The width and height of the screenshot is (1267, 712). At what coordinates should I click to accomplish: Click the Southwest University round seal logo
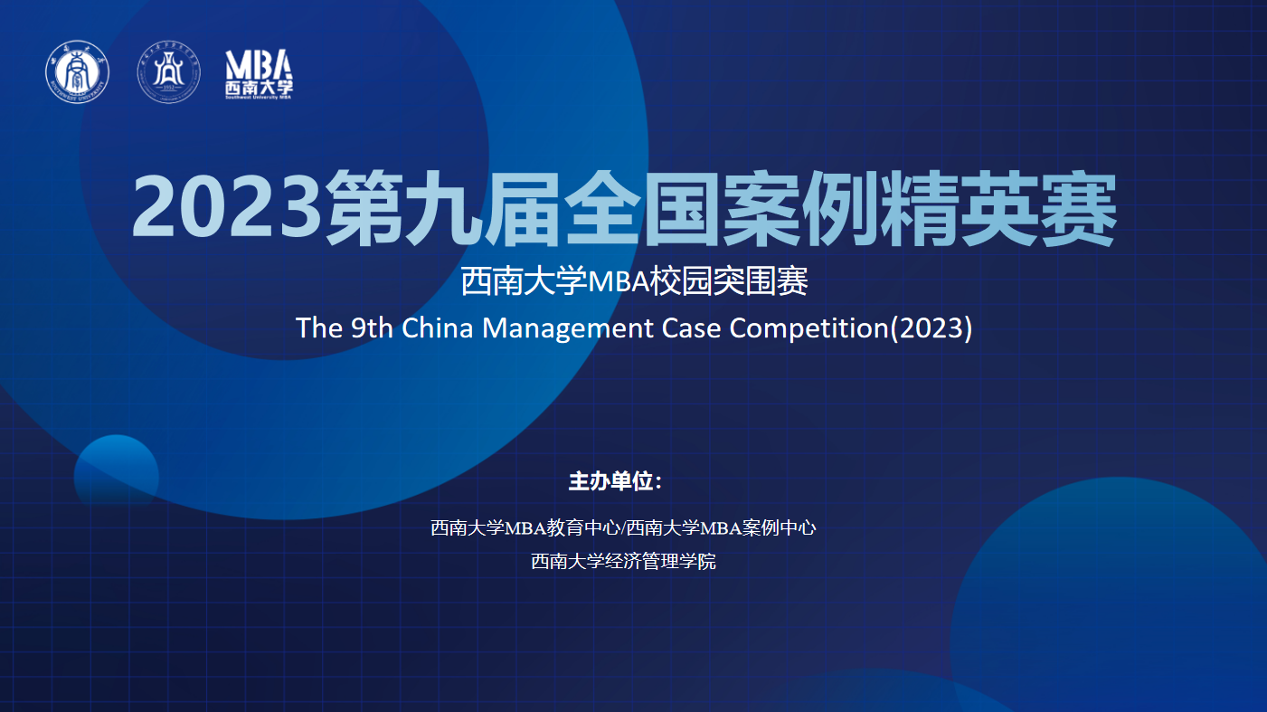coord(78,71)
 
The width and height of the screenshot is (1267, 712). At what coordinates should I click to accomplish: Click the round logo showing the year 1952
coord(168,71)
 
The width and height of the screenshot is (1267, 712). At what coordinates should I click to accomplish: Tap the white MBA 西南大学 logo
coord(259,74)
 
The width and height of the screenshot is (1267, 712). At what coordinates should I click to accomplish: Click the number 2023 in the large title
coord(227,206)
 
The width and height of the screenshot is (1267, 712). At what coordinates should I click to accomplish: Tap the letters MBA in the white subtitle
coord(619,281)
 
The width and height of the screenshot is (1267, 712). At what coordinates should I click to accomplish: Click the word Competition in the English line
coord(809,328)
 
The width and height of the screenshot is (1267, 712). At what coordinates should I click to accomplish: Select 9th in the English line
coord(372,328)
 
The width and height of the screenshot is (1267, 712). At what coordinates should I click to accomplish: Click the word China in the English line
coord(437,328)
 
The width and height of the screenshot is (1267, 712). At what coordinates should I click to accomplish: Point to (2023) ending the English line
coord(931,328)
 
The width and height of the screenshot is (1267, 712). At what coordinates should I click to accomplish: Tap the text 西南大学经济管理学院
coord(623,562)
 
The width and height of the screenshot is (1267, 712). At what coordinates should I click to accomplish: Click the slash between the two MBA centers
coord(623,528)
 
